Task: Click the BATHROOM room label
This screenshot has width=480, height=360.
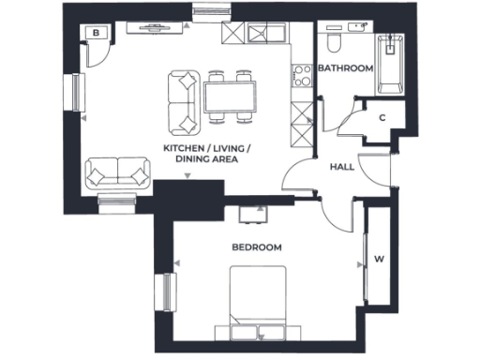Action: tap(346, 69)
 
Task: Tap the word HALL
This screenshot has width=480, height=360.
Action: tap(341, 166)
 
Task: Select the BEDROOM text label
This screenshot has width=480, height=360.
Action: tap(257, 247)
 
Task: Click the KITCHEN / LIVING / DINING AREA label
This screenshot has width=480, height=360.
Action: tap(207, 155)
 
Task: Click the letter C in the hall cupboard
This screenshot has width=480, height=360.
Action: tap(382, 118)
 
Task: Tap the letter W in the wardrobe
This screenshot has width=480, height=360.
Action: tap(379, 259)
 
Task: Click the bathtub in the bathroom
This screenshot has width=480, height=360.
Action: tap(388, 64)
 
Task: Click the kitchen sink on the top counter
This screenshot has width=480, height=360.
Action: tap(269, 34)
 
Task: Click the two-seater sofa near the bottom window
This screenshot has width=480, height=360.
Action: tap(117, 173)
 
